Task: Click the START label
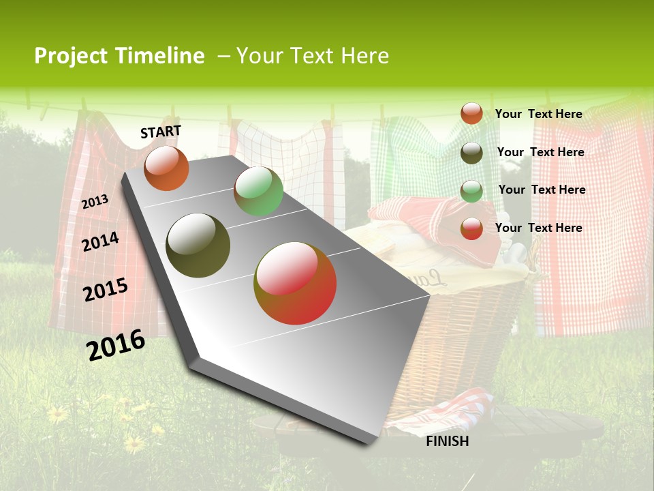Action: point(161,132)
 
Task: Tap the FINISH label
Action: point(448,441)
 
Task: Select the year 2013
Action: point(95,201)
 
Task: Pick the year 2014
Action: point(100,241)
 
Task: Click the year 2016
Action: point(116,344)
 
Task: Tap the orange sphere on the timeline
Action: point(166,168)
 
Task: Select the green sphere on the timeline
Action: point(258,191)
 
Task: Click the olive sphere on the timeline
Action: point(198,245)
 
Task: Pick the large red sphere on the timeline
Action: point(295,283)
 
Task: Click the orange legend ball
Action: point(471,113)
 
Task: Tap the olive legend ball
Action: point(471,153)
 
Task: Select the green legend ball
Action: point(471,191)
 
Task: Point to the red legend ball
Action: point(471,228)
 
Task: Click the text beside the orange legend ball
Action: point(538,114)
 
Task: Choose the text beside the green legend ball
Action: point(542,190)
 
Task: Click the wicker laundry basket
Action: point(470,327)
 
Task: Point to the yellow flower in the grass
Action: point(57,413)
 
